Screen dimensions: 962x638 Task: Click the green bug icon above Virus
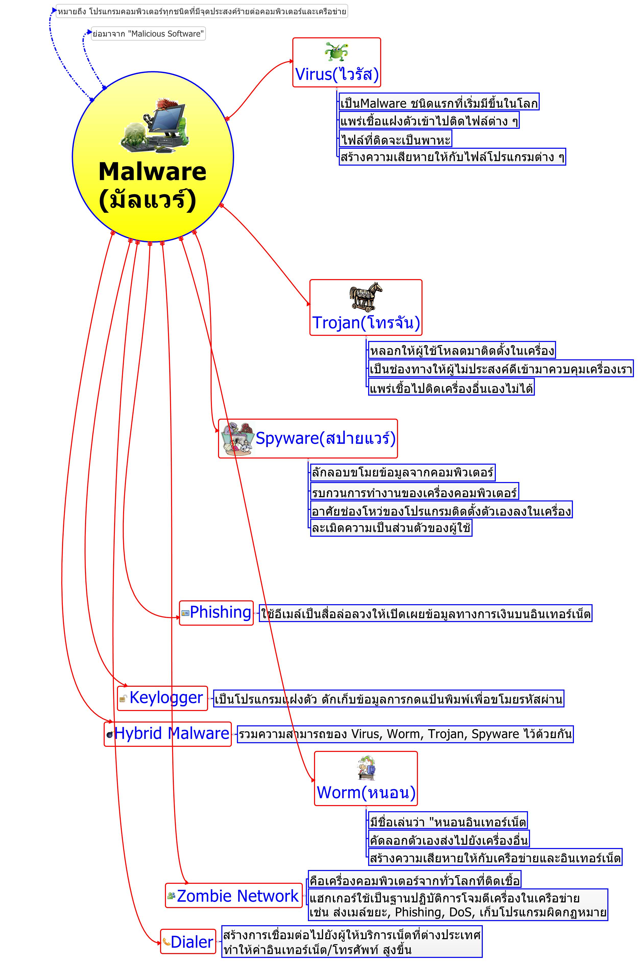336,52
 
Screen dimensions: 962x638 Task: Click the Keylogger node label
166,697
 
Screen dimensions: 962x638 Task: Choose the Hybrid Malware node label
172,733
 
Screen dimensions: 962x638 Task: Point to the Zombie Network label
238,896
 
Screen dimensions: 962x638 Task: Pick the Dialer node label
192,942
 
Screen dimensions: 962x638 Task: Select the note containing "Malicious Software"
148,34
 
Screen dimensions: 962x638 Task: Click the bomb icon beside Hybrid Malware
110,734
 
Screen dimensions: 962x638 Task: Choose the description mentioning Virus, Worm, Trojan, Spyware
405,734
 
